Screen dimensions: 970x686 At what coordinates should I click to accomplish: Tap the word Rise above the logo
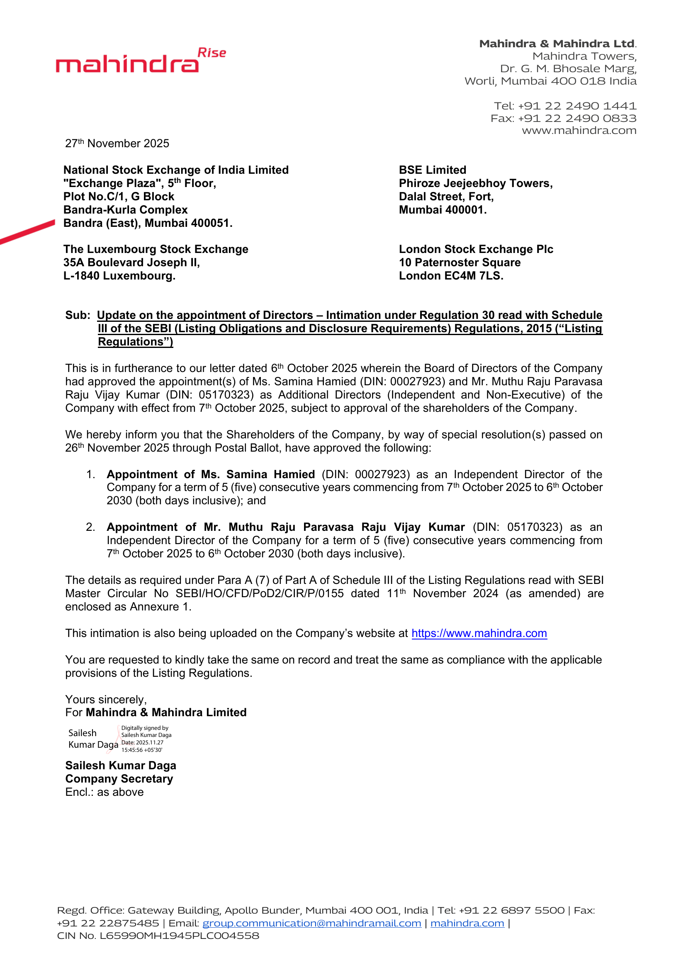click(x=212, y=53)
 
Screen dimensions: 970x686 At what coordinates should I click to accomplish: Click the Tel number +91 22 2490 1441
click(x=577, y=106)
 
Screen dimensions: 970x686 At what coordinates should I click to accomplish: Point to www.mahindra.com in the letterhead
click(x=579, y=131)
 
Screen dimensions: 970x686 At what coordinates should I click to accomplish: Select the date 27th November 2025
click(x=117, y=143)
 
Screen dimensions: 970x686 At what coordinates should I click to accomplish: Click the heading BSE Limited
click(x=433, y=170)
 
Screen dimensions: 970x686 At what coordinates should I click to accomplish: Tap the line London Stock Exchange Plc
click(x=476, y=249)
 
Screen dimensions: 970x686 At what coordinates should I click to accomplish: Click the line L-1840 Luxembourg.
click(x=119, y=276)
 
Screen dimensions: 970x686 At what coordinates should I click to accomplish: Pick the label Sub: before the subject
click(x=78, y=315)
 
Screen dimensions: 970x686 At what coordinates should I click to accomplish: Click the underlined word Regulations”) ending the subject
click(x=136, y=342)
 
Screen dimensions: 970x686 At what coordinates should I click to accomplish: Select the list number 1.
click(x=90, y=474)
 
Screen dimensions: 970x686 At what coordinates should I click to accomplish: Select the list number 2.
click(x=90, y=527)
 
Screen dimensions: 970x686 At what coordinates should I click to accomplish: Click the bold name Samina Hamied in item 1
click(x=270, y=474)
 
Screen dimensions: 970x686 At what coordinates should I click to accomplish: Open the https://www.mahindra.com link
click(x=479, y=633)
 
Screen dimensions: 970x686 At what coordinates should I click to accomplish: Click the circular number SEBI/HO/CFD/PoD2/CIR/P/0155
click(x=259, y=593)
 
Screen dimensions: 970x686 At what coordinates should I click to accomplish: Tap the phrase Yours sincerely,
click(x=106, y=700)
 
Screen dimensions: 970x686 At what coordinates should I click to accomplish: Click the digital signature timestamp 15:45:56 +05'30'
click(x=142, y=750)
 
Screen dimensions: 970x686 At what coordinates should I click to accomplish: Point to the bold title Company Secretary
click(x=119, y=779)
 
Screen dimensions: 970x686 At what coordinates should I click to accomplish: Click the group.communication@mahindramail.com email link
click(x=312, y=923)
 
